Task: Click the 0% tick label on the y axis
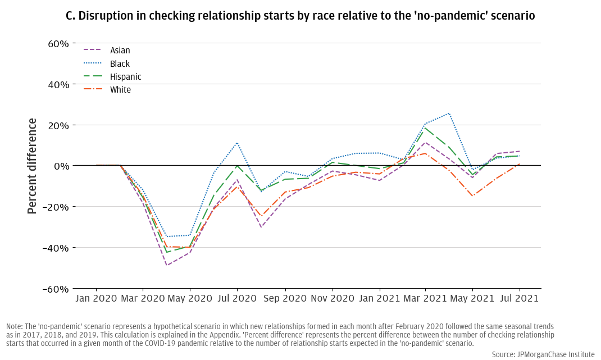coord(60,166)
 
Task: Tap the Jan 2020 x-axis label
coord(96,299)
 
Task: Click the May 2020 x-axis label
coord(189,299)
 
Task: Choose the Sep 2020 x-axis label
coord(285,299)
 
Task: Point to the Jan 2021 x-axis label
coord(379,299)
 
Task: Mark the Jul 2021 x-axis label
coord(520,299)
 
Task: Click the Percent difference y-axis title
coord(32,166)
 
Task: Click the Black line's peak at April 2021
coord(449,113)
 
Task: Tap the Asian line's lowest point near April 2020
coord(167,265)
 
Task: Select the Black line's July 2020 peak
coord(237,143)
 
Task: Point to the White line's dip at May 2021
coord(472,196)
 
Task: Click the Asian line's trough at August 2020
coord(261,227)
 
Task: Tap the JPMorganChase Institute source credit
coord(543,354)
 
